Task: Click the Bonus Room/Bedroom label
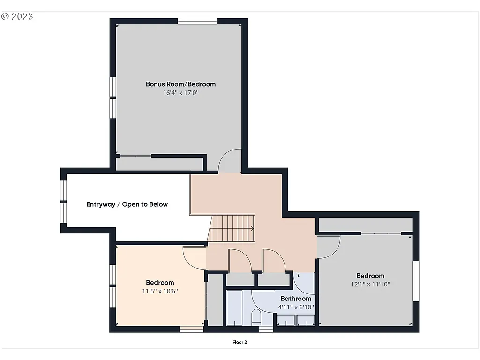tap(180, 84)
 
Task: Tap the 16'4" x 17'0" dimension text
tap(180, 93)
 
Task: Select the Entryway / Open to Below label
tap(127, 204)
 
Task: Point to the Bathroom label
tap(296, 299)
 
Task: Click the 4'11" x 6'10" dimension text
tap(296, 307)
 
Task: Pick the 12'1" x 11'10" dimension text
tap(370, 284)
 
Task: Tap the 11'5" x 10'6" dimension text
tap(160, 291)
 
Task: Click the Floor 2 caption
tap(240, 342)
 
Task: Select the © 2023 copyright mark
tap(17, 16)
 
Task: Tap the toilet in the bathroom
tap(256, 317)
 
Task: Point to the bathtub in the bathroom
tap(234, 308)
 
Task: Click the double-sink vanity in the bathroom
tap(296, 321)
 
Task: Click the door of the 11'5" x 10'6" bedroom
tap(194, 257)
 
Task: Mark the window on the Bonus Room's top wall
tap(197, 21)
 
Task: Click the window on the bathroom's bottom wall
tap(266, 330)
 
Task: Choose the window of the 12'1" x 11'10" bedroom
tap(416, 280)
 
